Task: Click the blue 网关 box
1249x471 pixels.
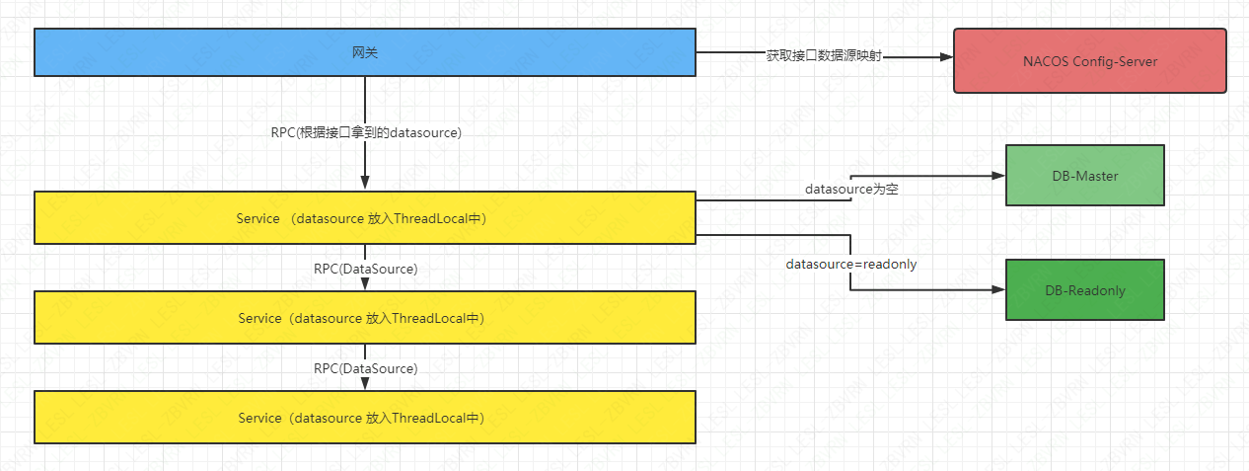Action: (365, 52)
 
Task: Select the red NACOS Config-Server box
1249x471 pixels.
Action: (1089, 61)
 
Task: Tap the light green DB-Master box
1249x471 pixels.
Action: (1084, 175)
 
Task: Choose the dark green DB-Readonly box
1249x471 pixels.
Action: (1084, 290)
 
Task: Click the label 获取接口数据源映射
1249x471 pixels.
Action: (824, 57)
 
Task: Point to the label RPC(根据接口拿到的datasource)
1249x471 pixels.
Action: (366, 132)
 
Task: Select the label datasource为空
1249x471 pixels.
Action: (851, 188)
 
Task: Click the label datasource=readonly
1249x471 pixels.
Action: (851, 265)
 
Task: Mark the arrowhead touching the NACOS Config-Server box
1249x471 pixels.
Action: (946, 57)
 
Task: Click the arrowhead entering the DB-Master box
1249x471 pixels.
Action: (998, 176)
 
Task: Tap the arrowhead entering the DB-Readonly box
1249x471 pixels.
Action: (998, 290)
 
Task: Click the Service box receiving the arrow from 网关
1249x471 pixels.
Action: (365, 218)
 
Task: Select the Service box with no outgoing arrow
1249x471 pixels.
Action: (365, 418)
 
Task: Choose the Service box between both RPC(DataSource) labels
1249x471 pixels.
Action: (365, 318)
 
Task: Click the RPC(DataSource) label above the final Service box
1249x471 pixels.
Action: (366, 368)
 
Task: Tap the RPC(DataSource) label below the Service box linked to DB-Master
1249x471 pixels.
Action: (366, 269)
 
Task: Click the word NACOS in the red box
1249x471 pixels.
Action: (1045, 61)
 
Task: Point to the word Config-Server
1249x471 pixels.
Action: (1113, 61)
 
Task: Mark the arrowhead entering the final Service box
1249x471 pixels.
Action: (365, 383)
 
